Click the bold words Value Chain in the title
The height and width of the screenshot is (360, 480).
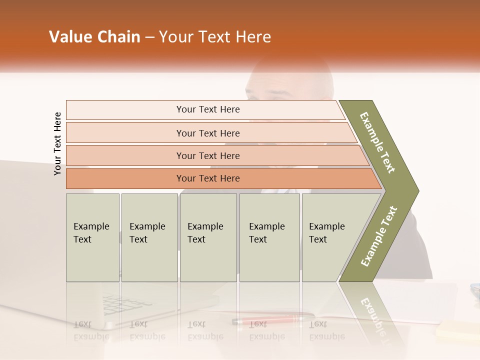point(94,37)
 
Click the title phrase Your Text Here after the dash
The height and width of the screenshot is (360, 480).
point(215,37)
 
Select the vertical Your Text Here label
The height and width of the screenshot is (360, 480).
point(57,144)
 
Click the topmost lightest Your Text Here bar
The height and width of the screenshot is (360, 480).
point(207,109)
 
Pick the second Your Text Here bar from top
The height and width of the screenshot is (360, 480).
point(207,133)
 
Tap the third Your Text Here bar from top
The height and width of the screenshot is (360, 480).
point(207,155)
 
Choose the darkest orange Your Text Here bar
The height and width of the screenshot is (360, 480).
point(207,178)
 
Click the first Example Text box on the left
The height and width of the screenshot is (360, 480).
point(92,237)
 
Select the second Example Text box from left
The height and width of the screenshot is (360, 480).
point(149,237)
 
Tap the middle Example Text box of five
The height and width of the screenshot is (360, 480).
point(207,237)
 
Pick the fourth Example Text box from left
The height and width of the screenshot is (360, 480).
point(269,237)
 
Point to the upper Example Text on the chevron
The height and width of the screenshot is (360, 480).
point(377,143)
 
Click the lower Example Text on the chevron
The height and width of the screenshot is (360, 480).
point(379,236)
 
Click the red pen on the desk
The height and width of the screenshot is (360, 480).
point(272,319)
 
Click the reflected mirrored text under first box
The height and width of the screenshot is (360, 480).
point(91,330)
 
